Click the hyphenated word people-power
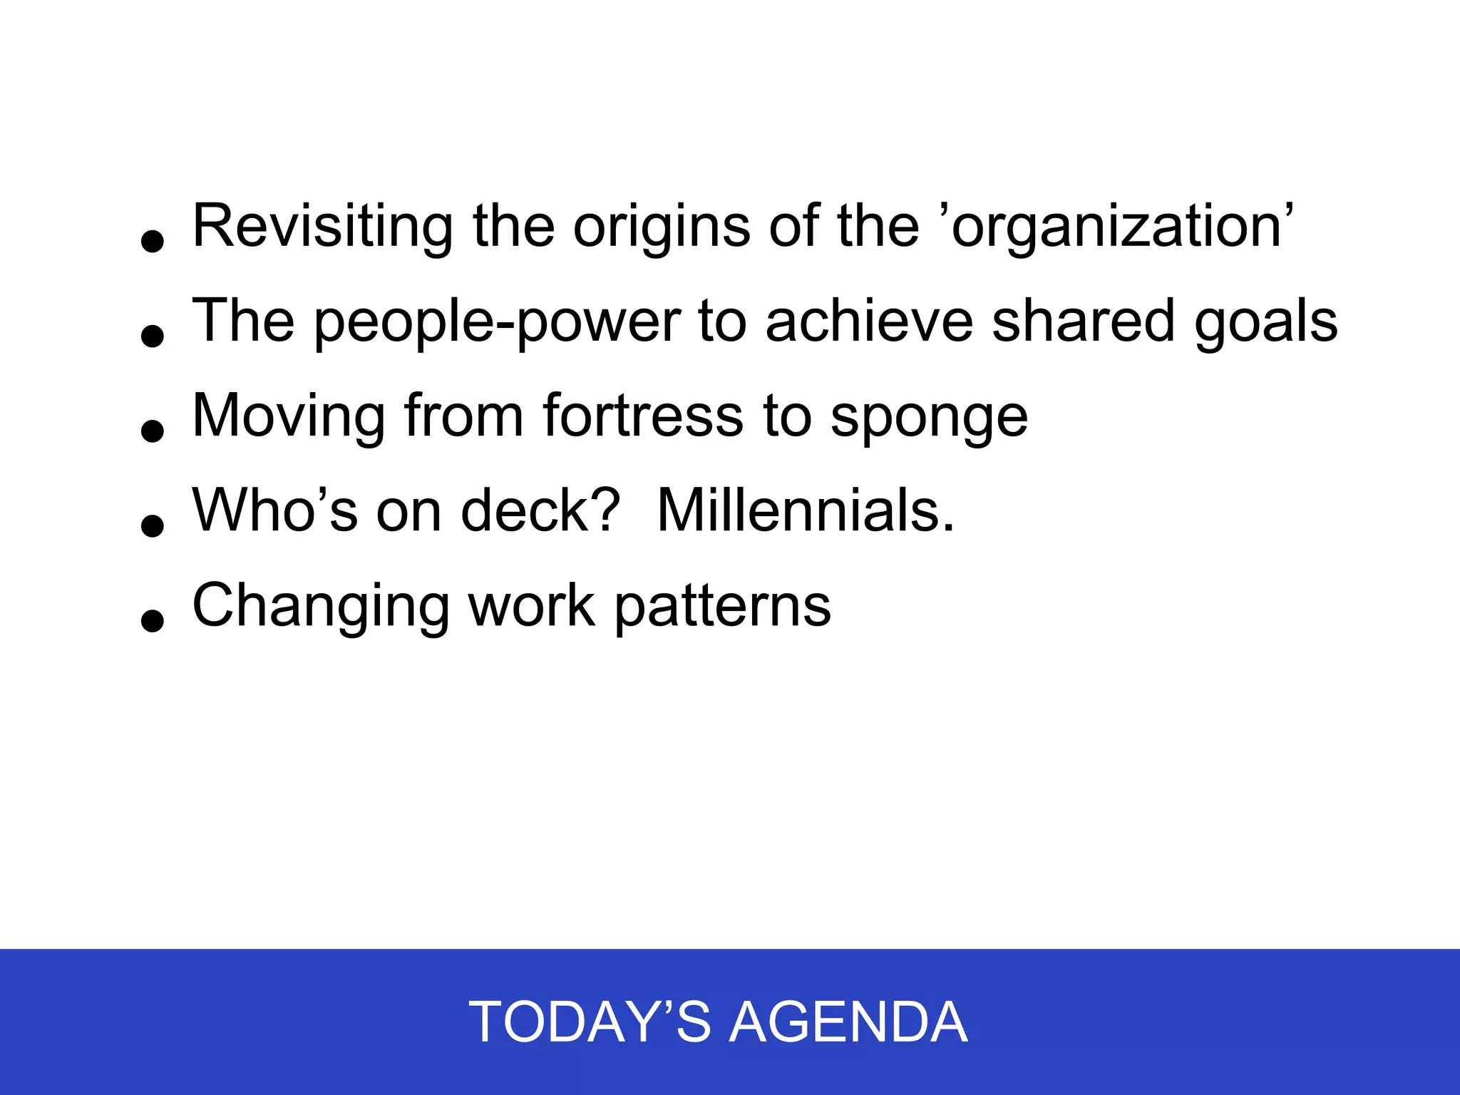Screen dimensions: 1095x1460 [x=497, y=322]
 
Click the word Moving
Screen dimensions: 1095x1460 [x=289, y=416]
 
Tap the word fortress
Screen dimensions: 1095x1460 [x=643, y=416]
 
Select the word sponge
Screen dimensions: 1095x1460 [x=929, y=416]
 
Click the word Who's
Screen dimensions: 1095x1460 [x=274, y=510]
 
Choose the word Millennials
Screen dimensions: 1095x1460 [x=805, y=510]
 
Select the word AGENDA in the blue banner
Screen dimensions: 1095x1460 [x=848, y=1022]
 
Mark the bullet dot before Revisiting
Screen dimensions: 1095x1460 [x=153, y=241]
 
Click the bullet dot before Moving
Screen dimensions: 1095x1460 [x=153, y=431]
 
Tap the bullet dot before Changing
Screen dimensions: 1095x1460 [x=153, y=620]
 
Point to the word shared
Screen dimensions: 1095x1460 [x=1083, y=322]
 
